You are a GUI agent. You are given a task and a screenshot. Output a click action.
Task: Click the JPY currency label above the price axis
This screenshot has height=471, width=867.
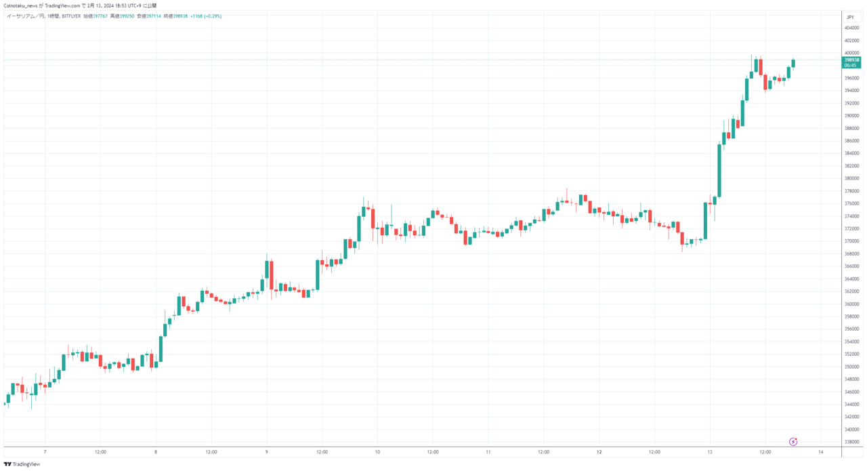(850, 17)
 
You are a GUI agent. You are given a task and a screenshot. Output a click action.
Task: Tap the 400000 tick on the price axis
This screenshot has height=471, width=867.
(851, 53)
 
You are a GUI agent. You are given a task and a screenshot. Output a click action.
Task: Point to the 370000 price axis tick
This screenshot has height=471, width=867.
(851, 241)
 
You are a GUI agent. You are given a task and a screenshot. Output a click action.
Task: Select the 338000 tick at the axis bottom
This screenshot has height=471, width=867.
(851, 442)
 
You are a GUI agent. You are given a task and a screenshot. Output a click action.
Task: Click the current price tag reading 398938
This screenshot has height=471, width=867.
(851, 60)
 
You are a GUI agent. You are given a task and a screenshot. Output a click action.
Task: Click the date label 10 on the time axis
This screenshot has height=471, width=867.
(377, 451)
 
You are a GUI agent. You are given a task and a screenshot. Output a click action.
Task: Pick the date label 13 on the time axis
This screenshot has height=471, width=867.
(710, 451)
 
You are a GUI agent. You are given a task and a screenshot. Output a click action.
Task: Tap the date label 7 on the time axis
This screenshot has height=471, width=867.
(45, 451)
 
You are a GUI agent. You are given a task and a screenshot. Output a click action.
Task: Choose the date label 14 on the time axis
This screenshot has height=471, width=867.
(820, 451)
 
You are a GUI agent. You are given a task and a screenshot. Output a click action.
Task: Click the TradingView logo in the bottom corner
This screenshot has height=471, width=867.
(22, 464)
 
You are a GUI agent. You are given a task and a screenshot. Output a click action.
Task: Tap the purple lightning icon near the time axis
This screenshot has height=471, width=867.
(793, 441)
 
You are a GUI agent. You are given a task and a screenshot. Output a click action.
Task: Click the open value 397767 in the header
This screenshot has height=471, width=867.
(99, 16)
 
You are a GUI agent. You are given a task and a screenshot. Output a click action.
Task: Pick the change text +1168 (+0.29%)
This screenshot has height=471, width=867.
(206, 16)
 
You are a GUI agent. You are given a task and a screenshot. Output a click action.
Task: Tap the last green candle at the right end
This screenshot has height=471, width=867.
(793, 63)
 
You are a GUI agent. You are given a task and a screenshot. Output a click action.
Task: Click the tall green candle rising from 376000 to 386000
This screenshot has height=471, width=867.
(719, 169)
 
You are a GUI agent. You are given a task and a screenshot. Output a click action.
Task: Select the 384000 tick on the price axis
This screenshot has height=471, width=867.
(851, 153)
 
